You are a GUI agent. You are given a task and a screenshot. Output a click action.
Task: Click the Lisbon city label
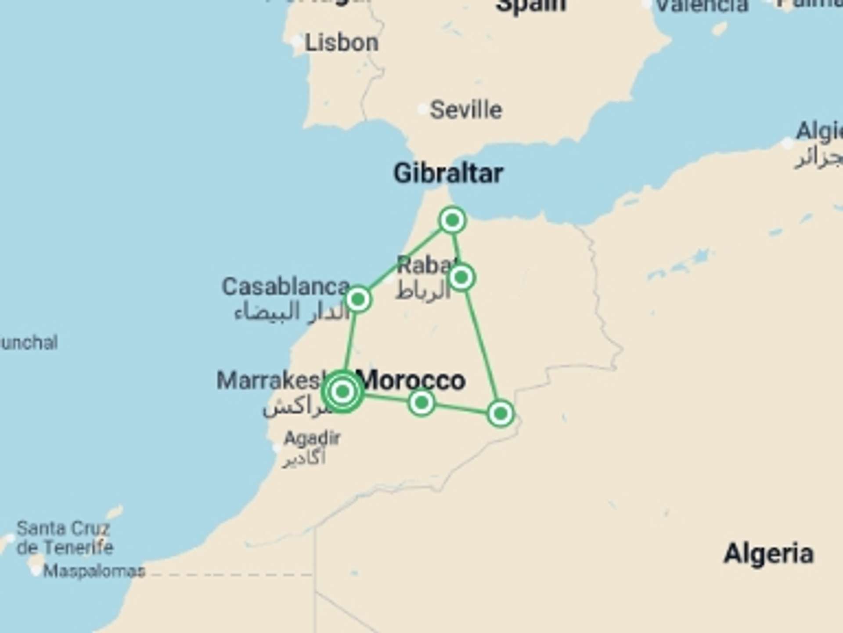(x=341, y=43)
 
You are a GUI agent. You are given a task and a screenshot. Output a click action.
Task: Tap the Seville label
(x=465, y=110)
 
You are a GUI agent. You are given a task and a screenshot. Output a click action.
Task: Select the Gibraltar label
(x=448, y=173)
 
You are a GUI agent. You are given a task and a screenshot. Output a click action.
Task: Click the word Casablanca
(x=285, y=287)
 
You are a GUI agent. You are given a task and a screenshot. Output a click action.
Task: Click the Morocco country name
(x=413, y=380)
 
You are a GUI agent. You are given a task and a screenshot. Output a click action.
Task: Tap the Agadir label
(x=312, y=438)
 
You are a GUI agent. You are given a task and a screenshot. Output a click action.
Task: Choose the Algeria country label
(x=768, y=553)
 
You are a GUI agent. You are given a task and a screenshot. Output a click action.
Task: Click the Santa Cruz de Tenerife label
(x=65, y=538)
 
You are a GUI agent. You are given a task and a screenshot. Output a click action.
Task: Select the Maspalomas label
(x=94, y=571)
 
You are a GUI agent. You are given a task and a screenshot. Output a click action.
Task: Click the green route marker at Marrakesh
(x=342, y=391)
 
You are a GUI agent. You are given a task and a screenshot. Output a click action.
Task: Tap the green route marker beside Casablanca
(x=358, y=299)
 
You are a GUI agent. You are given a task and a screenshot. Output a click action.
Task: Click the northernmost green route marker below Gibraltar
(x=452, y=220)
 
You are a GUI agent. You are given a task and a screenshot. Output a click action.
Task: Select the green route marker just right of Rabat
(x=461, y=277)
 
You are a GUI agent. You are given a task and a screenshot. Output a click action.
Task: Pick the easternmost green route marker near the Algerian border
(x=500, y=413)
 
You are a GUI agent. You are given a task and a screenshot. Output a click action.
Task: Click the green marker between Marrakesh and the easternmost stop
(x=421, y=402)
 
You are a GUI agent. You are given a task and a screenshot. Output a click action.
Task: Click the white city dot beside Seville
(x=422, y=109)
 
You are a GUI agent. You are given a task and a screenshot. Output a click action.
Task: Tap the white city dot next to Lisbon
(x=297, y=42)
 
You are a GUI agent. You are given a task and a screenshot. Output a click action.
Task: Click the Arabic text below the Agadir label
(x=304, y=458)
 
